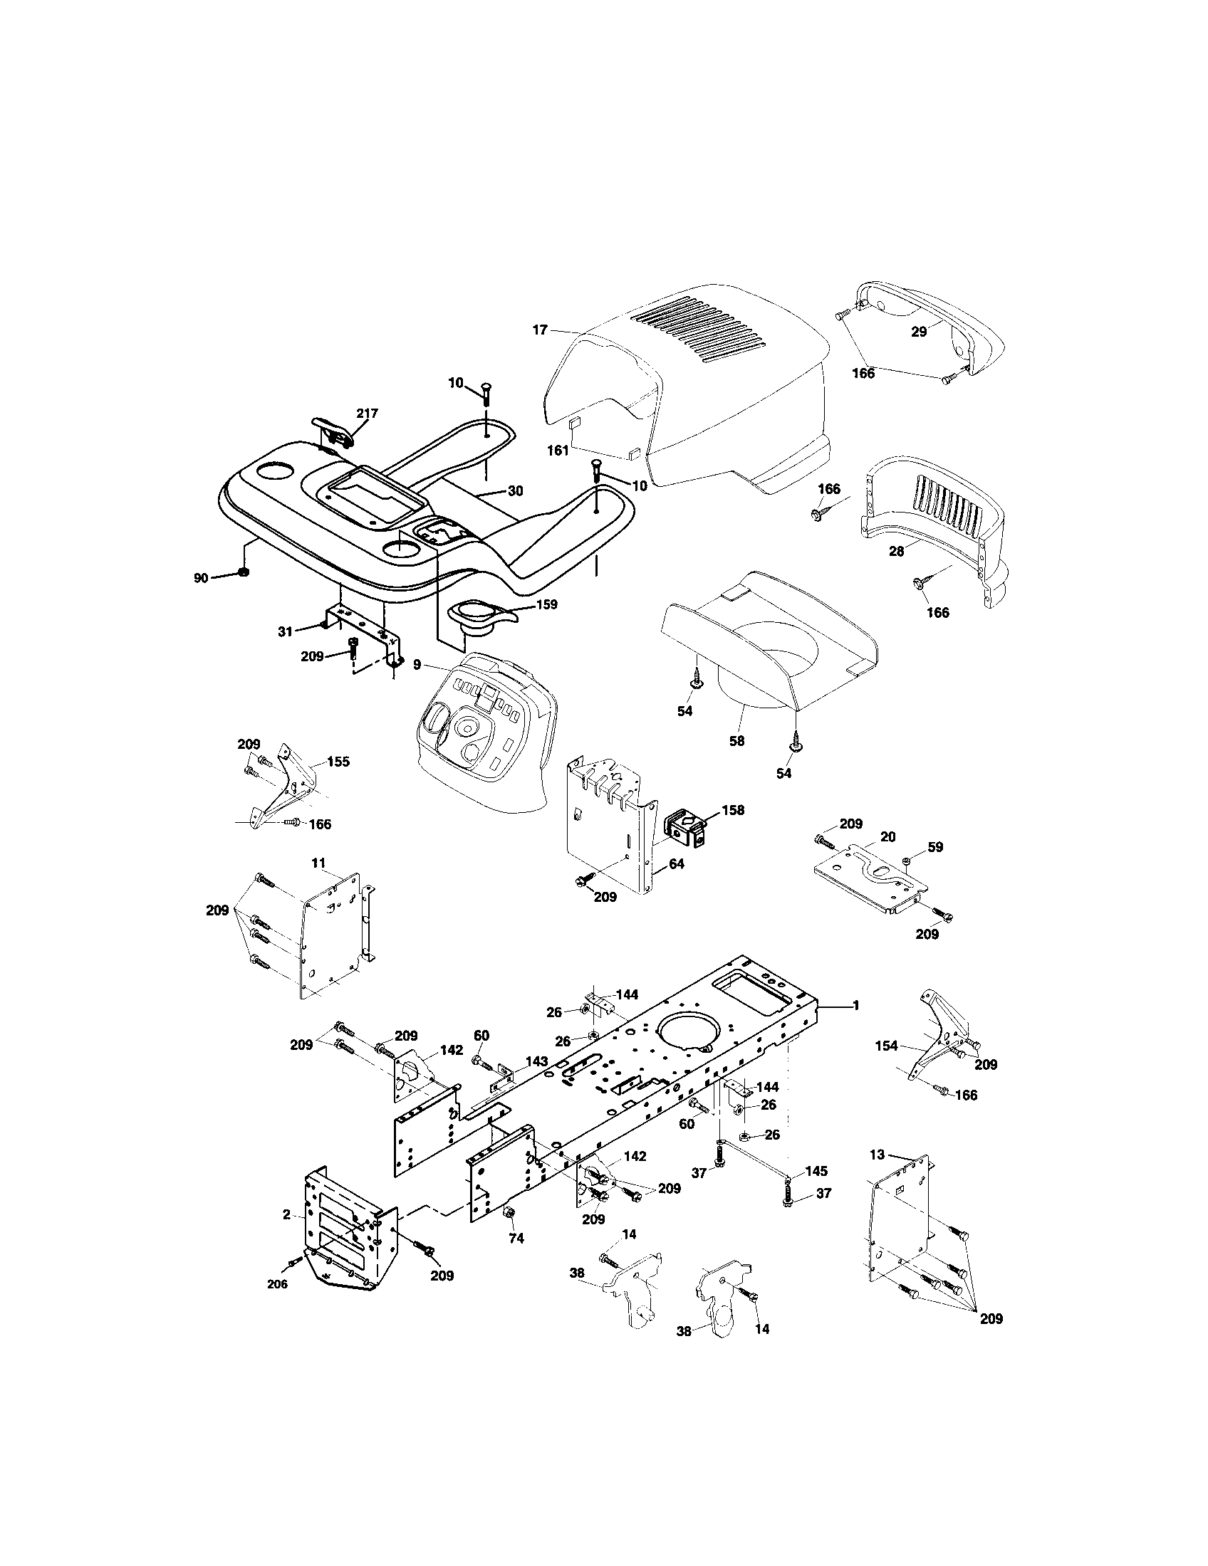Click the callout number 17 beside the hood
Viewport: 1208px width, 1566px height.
coord(539,330)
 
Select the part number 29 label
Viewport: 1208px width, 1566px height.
coord(919,332)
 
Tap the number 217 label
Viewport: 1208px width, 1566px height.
coord(367,413)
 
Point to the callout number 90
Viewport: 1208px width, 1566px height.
coord(201,578)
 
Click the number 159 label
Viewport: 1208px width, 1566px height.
coord(546,604)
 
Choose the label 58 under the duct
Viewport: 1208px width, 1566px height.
coord(736,742)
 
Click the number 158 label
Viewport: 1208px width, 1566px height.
coord(732,810)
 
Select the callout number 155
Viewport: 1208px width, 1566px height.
coord(338,762)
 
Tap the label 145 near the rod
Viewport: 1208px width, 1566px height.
coord(816,1171)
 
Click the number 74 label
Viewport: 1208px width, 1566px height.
coord(516,1239)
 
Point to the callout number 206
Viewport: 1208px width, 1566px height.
coord(277,1284)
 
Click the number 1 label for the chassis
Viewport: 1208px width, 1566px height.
coord(855,1006)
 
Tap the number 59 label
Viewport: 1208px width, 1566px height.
coord(934,847)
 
